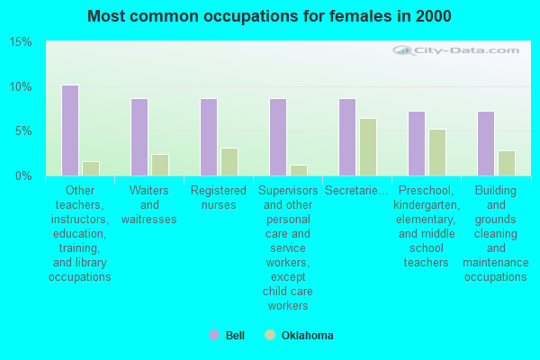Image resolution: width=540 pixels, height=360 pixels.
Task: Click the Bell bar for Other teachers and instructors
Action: pos(70,130)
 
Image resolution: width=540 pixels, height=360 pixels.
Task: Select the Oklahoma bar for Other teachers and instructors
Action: pos(91,168)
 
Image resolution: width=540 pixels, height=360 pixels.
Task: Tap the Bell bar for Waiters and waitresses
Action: pos(139,137)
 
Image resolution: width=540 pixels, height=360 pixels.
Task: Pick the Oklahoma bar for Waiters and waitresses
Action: pos(160,165)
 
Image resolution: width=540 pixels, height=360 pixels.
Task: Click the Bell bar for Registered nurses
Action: pos(209,137)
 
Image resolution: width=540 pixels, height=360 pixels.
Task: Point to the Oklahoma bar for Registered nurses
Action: pos(229,162)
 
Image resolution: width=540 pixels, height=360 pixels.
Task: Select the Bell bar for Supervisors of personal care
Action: pos(278,137)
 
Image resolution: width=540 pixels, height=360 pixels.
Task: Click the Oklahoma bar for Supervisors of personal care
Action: pos(299,170)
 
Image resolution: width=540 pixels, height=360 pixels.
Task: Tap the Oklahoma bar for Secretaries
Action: pos(368,147)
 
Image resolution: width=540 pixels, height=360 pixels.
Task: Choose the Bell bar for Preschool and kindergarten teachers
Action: pos(417,143)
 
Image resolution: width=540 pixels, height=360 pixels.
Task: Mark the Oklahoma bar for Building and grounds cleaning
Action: pos(507,163)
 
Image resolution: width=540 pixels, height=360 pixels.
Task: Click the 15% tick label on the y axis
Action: pos(21,42)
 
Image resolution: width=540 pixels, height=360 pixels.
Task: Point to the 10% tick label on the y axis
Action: pos(21,87)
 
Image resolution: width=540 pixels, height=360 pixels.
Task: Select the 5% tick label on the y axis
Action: pos(23,131)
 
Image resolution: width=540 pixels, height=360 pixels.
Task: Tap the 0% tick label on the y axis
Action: pos(23,176)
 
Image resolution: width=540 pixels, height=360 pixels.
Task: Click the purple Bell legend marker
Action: pos(214,335)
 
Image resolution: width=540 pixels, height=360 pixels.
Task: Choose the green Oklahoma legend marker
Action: pos(270,335)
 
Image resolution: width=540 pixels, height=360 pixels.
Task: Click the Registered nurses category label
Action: pos(219,198)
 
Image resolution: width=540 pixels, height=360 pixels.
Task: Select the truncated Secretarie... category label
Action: pos(357,191)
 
